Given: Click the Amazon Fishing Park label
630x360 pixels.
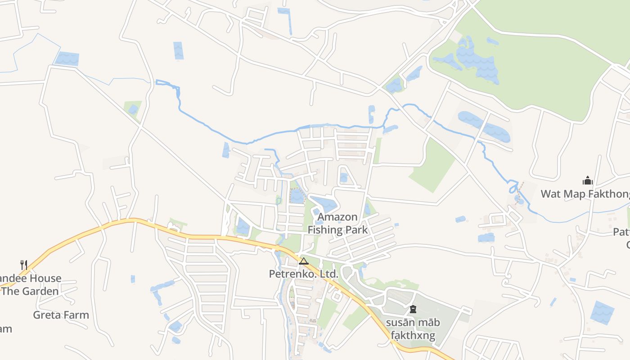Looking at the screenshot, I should click(x=337, y=224).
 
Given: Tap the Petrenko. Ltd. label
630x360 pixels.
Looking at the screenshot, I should click(x=303, y=274).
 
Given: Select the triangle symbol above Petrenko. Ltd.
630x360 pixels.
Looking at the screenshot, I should click(x=304, y=261).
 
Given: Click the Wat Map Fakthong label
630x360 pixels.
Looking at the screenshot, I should click(x=585, y=194).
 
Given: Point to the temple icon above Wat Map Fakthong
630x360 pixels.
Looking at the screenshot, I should click(x=587, y=181).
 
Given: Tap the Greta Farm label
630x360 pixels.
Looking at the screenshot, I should click(x=61, y=315).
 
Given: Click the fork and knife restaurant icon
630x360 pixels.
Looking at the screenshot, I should click(x=24, y=265).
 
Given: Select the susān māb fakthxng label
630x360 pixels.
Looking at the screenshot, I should click(x=413, y=329).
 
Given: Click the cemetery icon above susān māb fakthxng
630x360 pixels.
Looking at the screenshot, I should click(x=413, y=309).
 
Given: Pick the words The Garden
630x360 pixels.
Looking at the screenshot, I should click(x=31, y=291).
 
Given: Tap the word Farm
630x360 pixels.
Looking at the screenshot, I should click(x=76, y=315).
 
